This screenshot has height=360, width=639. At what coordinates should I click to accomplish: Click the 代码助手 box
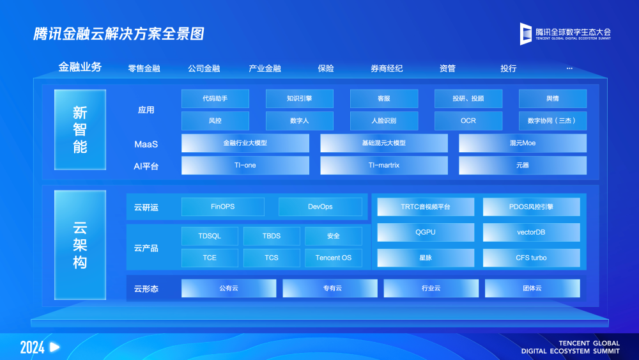pos(215,98)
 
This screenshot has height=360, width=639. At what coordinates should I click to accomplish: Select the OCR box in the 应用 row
pos(468,121)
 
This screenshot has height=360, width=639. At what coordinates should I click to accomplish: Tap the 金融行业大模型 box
pos(245,143)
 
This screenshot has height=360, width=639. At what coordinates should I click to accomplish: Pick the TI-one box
pos(245,165)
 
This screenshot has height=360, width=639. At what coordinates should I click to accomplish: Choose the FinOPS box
pos(223,207)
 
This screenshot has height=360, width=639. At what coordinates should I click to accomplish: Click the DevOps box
pos(320,207)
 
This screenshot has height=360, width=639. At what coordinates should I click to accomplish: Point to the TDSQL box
pos(210,236)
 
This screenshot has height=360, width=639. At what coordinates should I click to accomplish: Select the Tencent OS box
pos(334,258)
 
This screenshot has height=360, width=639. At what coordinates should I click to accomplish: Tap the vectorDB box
pos(532,232)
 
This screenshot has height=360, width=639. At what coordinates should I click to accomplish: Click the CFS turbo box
pos(532,258)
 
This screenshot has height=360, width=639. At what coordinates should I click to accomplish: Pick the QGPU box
pos(426,232)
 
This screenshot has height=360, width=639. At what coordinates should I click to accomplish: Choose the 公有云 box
pos(229,288)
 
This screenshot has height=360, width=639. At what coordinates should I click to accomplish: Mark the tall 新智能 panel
pos(81,130)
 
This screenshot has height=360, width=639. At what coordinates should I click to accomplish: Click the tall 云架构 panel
pos(81,245)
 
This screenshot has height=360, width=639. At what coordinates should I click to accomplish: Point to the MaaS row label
pos(146,145)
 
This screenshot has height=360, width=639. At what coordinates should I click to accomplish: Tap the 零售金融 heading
pos(144,68)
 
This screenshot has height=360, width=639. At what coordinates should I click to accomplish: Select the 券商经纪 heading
pos(387,68)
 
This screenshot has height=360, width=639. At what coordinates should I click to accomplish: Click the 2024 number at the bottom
pos(32,347)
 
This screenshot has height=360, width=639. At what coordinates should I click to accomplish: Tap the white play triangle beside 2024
pos(54,347)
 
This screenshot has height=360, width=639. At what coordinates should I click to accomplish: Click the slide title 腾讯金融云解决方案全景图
pos(119,34)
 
